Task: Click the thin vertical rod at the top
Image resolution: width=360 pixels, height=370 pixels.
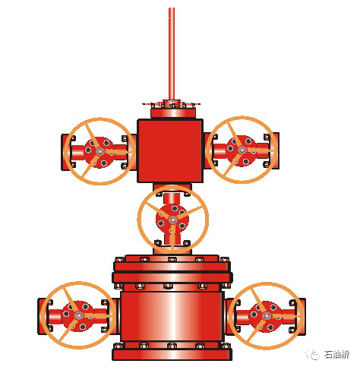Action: point(172,54)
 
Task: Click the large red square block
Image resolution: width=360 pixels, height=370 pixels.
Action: point(170,150)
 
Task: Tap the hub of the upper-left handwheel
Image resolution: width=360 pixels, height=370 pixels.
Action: point(100,151)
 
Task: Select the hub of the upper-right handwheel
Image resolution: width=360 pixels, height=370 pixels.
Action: point(242,150)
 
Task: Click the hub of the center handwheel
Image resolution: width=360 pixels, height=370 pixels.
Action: point(173,220)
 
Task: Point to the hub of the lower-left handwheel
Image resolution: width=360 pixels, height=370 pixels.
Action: point(79,315)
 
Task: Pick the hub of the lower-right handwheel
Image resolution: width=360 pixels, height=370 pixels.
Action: point(267,316)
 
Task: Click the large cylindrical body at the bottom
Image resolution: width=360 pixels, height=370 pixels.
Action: point(172,317)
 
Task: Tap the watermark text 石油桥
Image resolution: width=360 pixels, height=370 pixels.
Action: point(336,355)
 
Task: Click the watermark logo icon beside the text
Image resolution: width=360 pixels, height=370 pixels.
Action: point(313,355)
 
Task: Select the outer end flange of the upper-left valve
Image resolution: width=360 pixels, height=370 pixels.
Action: point(65,152)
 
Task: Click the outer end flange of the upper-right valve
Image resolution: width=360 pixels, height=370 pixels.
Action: point(276,150)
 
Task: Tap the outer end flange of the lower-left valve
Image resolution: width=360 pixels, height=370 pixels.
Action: point(41,317)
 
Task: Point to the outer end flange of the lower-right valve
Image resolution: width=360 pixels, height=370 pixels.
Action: point(302,317)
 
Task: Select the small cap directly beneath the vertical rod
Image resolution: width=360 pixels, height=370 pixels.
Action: point(172,103)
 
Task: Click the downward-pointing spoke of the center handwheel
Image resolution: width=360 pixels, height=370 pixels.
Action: point(172,237)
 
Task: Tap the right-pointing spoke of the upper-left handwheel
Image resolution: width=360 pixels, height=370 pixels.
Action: point(118,152)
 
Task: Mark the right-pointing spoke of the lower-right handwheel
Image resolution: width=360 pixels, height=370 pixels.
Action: point(284,317)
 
